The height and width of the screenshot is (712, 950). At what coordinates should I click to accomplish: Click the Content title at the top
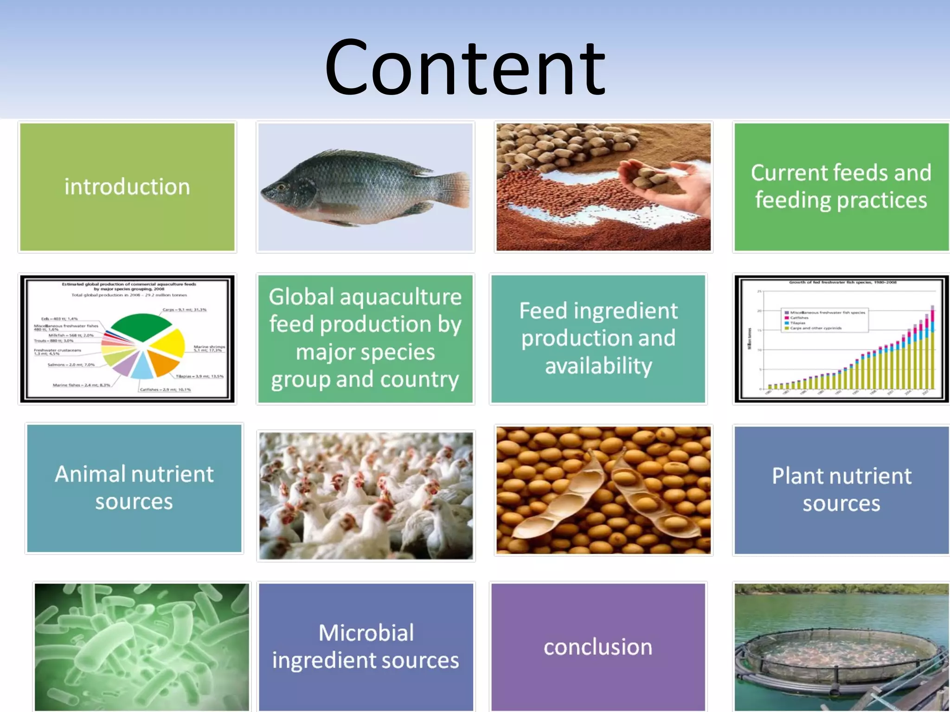465,67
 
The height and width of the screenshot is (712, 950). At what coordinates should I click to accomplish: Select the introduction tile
127,187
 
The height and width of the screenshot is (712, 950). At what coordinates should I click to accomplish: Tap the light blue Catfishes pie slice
142,368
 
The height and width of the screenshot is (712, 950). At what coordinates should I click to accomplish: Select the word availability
598,366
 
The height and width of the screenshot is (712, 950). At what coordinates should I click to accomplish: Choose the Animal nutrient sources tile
134,488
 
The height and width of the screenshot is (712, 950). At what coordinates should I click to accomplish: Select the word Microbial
366,633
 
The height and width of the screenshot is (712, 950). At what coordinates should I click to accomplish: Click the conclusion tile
598,647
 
